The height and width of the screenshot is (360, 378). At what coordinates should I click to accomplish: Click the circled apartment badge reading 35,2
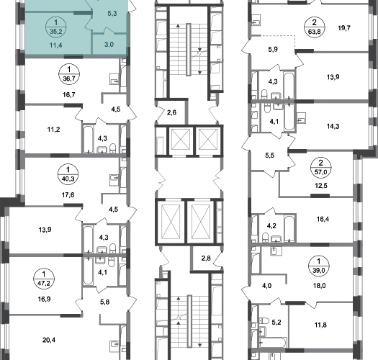(x=56, y=27)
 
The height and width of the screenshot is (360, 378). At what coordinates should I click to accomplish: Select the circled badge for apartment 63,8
(x=315, y=27)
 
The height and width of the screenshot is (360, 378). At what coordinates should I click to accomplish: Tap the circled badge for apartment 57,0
(x=320, y=167)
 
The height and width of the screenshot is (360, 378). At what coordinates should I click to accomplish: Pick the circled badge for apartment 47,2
(x=44, y=279)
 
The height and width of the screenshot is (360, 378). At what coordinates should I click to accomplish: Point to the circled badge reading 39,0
(x=319, y=266)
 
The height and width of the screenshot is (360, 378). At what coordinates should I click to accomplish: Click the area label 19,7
(x=344, y=28)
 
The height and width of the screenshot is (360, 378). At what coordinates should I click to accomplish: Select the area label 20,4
(x=49, y=341)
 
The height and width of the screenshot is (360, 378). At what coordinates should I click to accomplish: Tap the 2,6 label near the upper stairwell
(x=171, y=112)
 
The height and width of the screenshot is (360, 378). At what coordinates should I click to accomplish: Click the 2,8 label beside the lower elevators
(x=206, y=258)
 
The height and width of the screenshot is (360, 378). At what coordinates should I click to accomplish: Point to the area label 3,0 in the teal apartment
(x=109, y=45)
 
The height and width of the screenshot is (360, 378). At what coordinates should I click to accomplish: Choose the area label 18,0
(x=320, y=286)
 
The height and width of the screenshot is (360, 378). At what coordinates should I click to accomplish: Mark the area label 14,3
(x=333, y=126)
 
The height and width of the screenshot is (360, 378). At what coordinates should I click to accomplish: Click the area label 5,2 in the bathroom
(x=276, y=323)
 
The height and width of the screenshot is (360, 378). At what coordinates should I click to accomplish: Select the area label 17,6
(x=68, y=195)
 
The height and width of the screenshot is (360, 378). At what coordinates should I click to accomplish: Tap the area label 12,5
(x=321, y=186)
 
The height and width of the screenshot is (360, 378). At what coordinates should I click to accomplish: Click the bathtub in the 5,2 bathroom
(x=273, y=343)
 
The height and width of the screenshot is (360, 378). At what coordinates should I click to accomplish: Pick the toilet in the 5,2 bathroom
(x=264, y=320)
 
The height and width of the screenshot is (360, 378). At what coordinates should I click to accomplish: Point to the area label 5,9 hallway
(x=273, y=50)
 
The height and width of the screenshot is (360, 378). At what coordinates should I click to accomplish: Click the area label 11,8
(x=320, y=325)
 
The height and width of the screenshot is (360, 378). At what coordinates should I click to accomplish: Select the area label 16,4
(x=323, y=219)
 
